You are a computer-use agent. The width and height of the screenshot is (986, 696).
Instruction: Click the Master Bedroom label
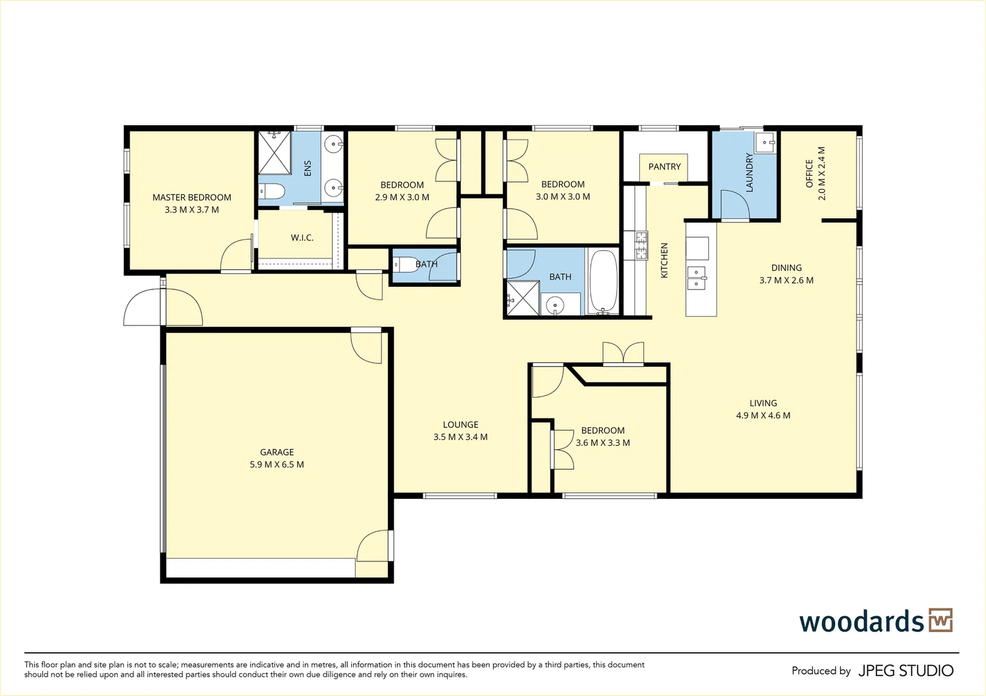(x=191, y=197)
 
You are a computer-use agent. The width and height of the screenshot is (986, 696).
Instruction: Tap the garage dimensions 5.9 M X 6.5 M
(x=276, y=464)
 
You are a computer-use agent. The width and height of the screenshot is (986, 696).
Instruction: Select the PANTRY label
(x=664, y=166)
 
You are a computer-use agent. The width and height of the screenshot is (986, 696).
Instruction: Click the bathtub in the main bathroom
(x=603, y=282)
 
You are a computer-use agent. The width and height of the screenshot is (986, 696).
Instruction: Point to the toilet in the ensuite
(x=271, y=191)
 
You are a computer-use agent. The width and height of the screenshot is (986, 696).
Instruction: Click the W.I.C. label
(x=302, y=238)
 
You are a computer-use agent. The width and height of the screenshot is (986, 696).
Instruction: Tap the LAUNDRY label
(x=749, y=172)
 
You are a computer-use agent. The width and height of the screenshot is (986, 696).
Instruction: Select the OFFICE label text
(x=809, y=173)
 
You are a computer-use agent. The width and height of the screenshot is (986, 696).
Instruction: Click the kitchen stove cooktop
(x=641, y=246)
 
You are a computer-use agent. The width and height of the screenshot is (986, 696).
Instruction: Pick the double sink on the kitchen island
(x=696, y=278)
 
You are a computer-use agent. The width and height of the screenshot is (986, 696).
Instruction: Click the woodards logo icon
(x=940, y=621)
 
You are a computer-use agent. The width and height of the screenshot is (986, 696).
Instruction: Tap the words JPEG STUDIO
(x=905, y=671)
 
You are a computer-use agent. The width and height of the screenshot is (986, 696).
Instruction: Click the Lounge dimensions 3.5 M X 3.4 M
(x=460, y=437)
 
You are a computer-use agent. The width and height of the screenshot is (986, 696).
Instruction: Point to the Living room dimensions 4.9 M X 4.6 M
(x=763, y=416)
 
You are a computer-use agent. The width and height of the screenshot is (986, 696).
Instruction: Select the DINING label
(x=786, y=267)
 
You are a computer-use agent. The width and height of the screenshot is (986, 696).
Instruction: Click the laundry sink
(x=766, y=142)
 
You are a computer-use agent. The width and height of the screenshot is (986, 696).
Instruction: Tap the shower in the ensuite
(x=275, y=153)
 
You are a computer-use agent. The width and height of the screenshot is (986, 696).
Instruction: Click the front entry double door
(x=163, y=308)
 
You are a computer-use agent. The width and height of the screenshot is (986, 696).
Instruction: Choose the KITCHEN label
(x=664, y=260)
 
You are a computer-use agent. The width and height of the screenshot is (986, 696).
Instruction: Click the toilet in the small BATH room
(x=404, y=265)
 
